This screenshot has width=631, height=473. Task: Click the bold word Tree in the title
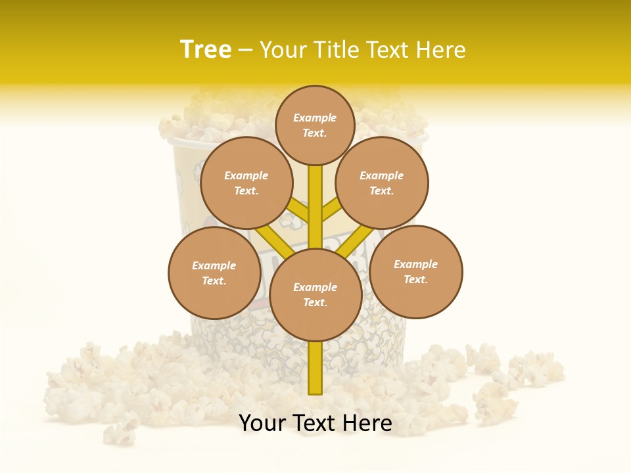tap(206, 50)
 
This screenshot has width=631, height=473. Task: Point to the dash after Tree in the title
tap(245, 51)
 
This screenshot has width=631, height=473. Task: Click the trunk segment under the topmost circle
tap(315, 197)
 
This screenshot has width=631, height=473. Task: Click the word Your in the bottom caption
tap(262, 423)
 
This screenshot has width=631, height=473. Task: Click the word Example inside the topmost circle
tap(315, 118)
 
